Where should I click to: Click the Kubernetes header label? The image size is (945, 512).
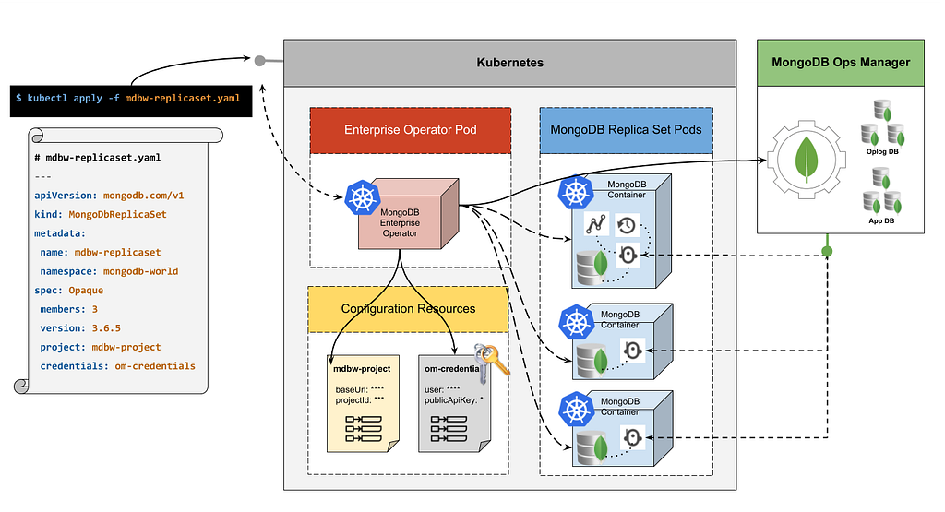[509, 63]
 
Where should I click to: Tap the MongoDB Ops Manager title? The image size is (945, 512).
[841, 63]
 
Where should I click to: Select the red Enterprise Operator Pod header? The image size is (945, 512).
[410, 130]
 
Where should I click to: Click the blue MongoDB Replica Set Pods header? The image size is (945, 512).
[626, 130]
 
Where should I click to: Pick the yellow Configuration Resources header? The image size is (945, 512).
[408, 308]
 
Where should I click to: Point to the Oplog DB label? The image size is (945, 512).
[880, 152]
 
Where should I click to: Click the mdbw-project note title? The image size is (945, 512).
[362, 369]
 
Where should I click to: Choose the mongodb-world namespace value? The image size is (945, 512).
[140, 271]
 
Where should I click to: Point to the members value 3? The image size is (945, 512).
[94, 309]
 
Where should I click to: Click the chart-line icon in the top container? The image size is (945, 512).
[595, 223]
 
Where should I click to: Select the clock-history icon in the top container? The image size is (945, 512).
[627, 223]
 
